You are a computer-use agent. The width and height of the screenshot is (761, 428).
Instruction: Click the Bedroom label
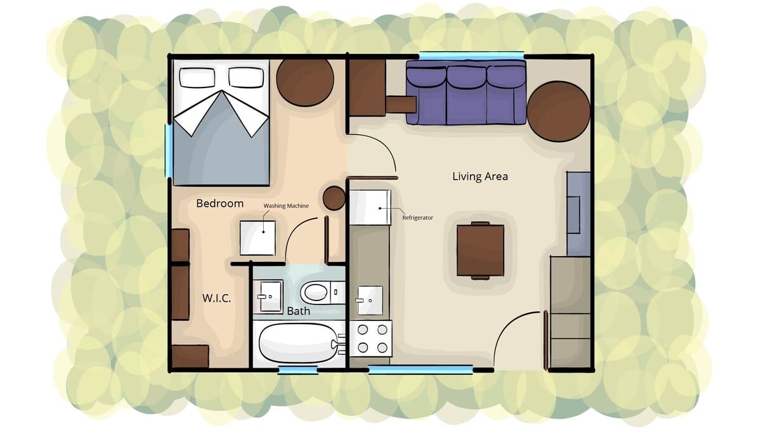pyautogui.click(x=220, y=204)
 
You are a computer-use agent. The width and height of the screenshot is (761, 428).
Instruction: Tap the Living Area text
pyautogui.click(x=480, y=176)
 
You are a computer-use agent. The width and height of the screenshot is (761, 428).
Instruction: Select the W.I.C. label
pyautogui.click(x=216, y=298)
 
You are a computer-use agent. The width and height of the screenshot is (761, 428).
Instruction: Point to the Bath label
pyautogui.click(x=298, y=311)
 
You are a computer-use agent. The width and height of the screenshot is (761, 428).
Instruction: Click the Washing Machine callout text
pyautogui.click(x=286, y=206)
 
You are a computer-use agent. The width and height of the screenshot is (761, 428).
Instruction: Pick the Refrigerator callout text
pyautogui.click(x=417, y=217)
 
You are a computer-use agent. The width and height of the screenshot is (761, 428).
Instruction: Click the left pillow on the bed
pyautogui.click(x=197, y=77)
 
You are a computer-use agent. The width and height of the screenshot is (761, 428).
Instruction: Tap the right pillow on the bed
pyautogui.click(x=246, y=77)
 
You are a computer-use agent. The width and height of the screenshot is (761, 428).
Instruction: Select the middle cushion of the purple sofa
pyautogui.click(x=467, y=95)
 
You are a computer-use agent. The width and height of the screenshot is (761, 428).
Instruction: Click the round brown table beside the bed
pyautogui.click(x=305, y=79)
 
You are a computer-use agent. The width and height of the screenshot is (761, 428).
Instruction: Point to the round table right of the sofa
pyautogui.click(x=559, y=112)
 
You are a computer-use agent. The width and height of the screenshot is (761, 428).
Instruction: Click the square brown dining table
pyautogui.click(x=480, y=250)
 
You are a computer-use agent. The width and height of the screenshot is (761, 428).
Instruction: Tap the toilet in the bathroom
pyautogui.click(x=322, y=292)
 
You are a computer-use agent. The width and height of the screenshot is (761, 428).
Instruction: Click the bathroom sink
pyautogui.click(x=269, y=297)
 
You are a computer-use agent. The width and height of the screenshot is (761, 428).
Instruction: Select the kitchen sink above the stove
pyautogui.click(x=370, y=301)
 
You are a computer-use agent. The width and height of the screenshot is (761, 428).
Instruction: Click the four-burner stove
pyautogui.click(x=371, y=339)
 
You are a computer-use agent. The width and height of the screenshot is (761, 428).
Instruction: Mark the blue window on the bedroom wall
pyautogui.click(x=169, y=151)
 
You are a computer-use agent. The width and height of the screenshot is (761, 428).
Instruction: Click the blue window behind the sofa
pyautogui.click(x=472, y=55)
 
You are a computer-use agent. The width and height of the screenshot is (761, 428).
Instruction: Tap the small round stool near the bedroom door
pyautogui.click(x=334, y=198)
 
